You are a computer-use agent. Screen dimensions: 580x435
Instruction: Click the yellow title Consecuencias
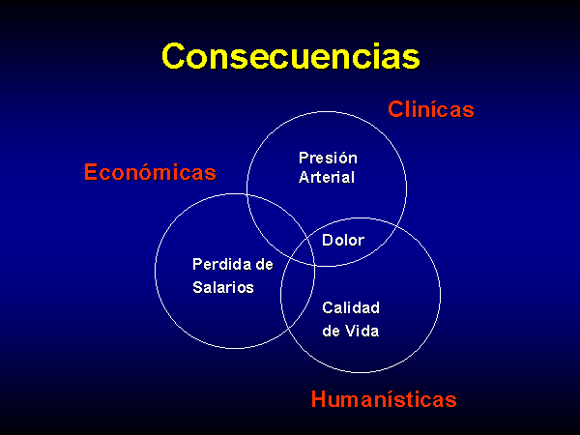point(291,56)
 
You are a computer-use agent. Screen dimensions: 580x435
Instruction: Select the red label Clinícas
point(431,109)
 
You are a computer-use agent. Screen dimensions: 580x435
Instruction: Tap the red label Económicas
point(150,172)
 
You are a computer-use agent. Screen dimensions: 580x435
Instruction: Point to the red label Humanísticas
point(384,399)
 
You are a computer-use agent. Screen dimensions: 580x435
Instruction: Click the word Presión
point(328,158)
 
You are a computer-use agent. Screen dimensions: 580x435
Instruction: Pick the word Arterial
point(327,177)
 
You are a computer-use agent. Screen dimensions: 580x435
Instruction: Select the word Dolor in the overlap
point(343,241)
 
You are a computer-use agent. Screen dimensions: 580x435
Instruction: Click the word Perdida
point(217,265)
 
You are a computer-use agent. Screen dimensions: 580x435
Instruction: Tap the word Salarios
point(223,287)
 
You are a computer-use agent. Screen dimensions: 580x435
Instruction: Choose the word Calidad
point(351,307)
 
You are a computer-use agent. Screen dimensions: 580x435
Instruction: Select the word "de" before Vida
point(331,331)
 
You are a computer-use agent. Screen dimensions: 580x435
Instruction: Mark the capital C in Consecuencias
point(173,56)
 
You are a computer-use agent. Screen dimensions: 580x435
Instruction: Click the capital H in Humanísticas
point(319,399)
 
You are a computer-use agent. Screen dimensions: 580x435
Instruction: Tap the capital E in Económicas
point(91,172)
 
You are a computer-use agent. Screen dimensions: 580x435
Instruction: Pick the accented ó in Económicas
point(143,171)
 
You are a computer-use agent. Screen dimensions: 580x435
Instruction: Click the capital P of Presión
point(304,158)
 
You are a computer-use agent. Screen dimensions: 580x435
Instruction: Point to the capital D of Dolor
point(328,241)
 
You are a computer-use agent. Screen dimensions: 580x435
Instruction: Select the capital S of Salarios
point(198,287)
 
